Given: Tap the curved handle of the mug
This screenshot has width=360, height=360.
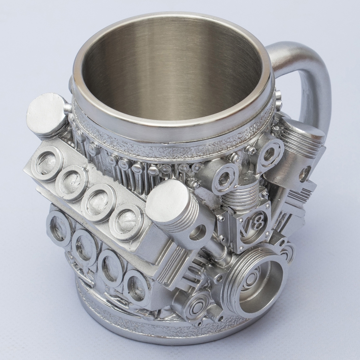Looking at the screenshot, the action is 308,76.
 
